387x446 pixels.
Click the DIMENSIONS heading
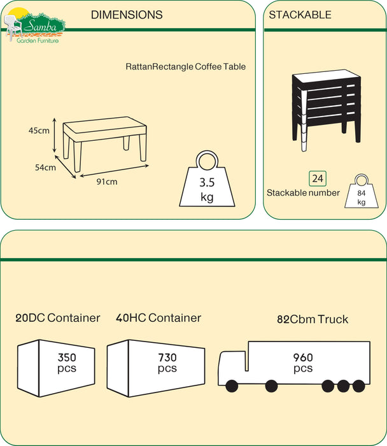coord(127,15)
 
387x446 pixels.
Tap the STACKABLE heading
coord(300,15)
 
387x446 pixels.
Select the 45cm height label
coord(39,131)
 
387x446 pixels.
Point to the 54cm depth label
coord(45,168)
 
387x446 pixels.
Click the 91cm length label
coord(106,182)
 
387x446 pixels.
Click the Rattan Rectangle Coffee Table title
coord(185,66)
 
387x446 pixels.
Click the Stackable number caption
coord(303,192)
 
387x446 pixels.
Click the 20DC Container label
coord(58,318)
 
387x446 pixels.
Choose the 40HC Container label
coord(158,318)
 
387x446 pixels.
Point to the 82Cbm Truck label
coord(313,319)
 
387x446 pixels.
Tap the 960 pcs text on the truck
coord(303,363)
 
